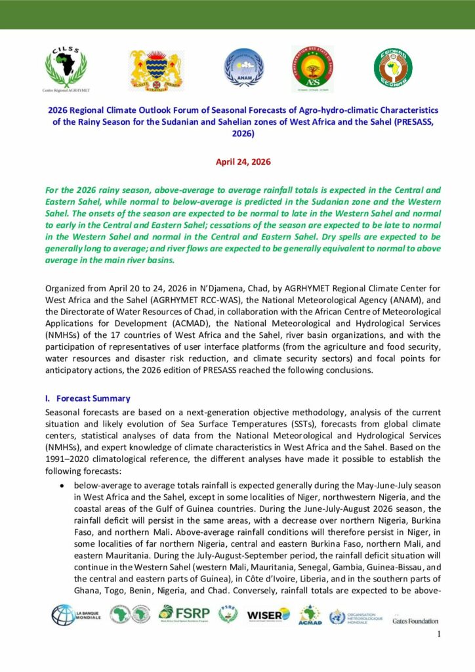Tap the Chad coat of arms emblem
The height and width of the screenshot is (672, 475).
pyautogui.click(x=156, y=70)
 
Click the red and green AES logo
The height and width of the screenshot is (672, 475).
pyautogui.click(x=312, y=69)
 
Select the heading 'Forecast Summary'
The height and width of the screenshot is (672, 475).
pyautogui.click(x=93, y=398)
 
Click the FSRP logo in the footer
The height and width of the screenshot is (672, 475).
pyautogui.click(x=184, y=615)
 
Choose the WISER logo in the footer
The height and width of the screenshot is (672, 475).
pyautogui.click(x=268, y=615)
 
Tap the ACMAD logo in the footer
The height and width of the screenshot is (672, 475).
pyautogui.click(x=310, y=615)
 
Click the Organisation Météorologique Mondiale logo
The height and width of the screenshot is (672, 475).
pyautogui.click(x=356, y=616)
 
